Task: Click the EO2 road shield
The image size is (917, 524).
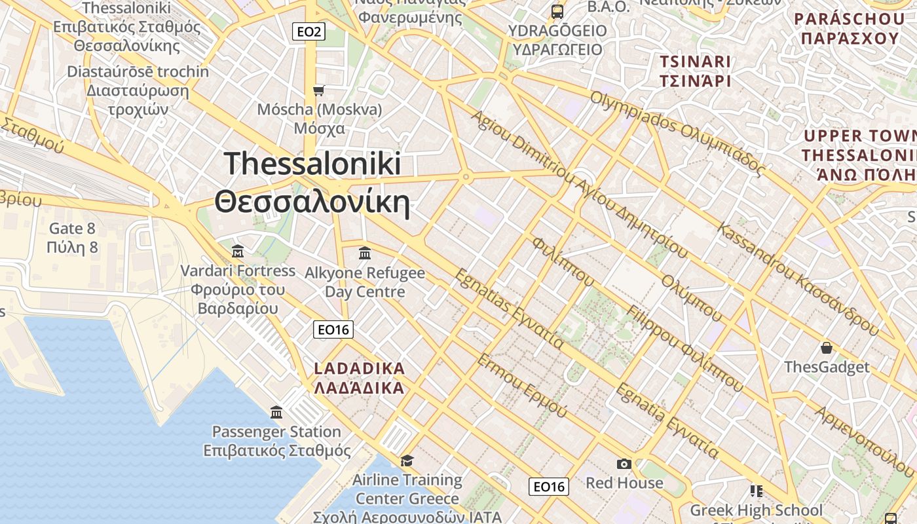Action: (309, 31)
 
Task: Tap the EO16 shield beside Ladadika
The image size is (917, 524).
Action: (333, 329)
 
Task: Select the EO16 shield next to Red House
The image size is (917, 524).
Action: (548, 486)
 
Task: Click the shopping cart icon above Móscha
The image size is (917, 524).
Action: (319, 90)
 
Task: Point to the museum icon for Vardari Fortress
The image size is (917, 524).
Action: (238, 251)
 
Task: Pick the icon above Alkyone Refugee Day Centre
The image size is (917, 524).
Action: (365, 253)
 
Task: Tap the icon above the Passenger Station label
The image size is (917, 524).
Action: (276, 413)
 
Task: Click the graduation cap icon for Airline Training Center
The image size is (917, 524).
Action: (407, 460)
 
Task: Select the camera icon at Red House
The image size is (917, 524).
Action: (624, 464)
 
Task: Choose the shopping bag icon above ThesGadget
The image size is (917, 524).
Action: (827, 347)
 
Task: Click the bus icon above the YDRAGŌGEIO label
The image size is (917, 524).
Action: (557, 11)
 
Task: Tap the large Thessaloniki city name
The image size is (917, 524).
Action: (312, 182)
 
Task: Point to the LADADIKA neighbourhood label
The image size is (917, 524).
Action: (359, 378)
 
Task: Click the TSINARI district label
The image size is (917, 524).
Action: (695, 71)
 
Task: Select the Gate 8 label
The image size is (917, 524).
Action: (72, 238)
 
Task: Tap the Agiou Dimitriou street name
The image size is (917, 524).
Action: (579, 183)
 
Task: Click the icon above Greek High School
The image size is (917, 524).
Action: (757, 491)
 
